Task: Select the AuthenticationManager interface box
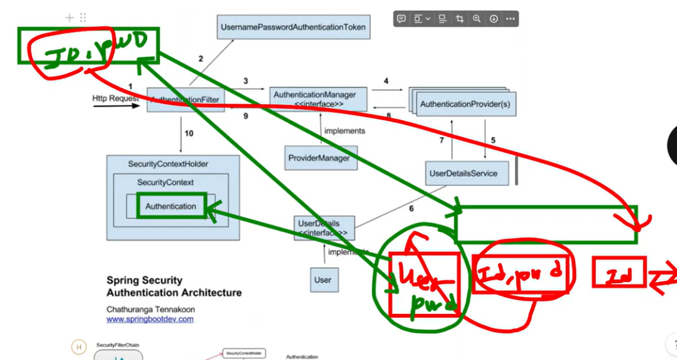pyautogui.click(x=318, y=99)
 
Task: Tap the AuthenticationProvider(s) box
pyautogui.click(x=465, y=103)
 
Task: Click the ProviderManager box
pyautogui.click(x=321, y=158)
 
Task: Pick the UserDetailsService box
pyautogui.click(x=467, y=173)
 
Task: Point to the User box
pyautogui.click(x=323, y=280)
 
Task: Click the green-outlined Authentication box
pyautogui.click(x=171, y=206)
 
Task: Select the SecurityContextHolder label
pyautogui.click(x=168, y=164)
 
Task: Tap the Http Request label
pyautogui.click(x=115, y=99)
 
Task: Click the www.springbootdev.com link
pyautogui.click(x=150, y=319)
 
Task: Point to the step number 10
pyautogui.click(x=189, y=133)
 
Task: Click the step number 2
pyautogui.click(x=201, y=59)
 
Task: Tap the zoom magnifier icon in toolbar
pyautogui.click(x=476, y=19)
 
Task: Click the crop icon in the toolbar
pyautogui.click(x=459, y=19)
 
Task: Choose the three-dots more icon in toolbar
pyautogui.click(x=510, y=19)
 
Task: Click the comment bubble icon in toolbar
pyautogui.click(x=401, y=19)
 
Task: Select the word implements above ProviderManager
pyautogui.click(x=345, y=131)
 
